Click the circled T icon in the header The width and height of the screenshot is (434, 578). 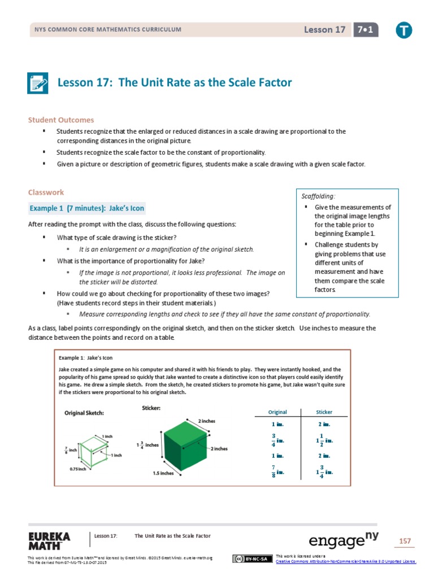[x=403, y=30]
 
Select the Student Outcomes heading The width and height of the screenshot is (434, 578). [x=61, y=120]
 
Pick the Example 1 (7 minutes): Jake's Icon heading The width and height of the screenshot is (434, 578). [x=87, y=208]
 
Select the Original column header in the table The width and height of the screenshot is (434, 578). [x=277, y=412]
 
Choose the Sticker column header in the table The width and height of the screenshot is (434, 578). [x=324, y=412]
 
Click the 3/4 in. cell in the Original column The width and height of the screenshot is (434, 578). [x=276, y=439]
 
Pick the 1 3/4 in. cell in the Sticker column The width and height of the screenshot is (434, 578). [x=324, y=471]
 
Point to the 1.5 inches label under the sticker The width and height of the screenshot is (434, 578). [x=163, y=473]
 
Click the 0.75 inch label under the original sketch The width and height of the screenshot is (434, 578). [x=77, y=469]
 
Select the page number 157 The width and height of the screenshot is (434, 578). [x=405, y=541]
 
